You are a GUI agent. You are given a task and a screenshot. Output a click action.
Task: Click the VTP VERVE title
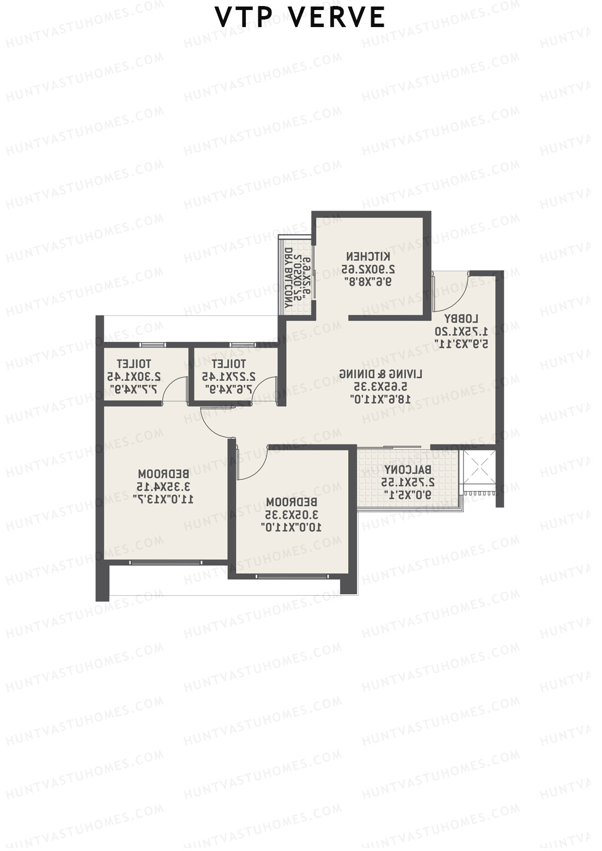pos(300,18)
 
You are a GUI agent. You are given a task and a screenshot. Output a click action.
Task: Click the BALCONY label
pos(407,470)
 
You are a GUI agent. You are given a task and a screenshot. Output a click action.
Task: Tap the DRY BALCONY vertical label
pos(288,278)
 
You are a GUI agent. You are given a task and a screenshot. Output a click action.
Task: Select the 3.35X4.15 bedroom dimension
pos(164,486)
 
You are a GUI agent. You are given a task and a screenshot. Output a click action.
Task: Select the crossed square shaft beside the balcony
pos(479,466)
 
